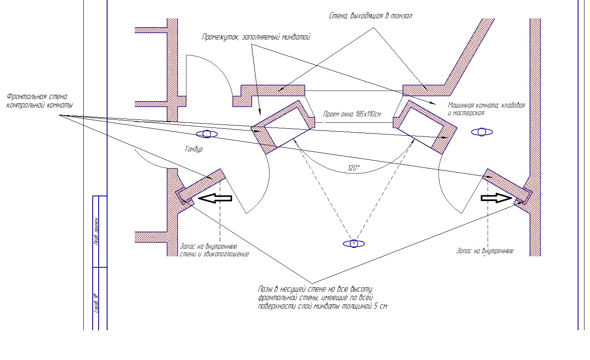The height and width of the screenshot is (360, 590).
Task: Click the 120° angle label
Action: pyautogui.click(x=354, y=168)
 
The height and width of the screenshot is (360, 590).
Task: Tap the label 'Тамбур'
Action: pyautogui.click(x=194, y=149)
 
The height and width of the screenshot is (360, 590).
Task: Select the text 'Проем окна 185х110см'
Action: pyautogui.click(x=352, y=114)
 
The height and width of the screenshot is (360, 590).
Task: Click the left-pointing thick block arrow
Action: pyautogui.click(x=216, y=198)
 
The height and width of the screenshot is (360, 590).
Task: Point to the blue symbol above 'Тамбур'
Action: pyautogui.click(x=207, y=134)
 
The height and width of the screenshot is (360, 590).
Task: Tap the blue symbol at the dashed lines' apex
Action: pyautogui.click(x=354, y=244)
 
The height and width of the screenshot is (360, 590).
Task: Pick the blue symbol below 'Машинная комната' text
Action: pyautogui.click(x=482, y=132)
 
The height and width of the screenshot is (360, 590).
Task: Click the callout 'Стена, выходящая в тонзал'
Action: pyautogui.click(x=371, y=16)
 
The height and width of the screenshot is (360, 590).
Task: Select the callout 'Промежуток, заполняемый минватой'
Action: pyautogui.click(x=256, y=37)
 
